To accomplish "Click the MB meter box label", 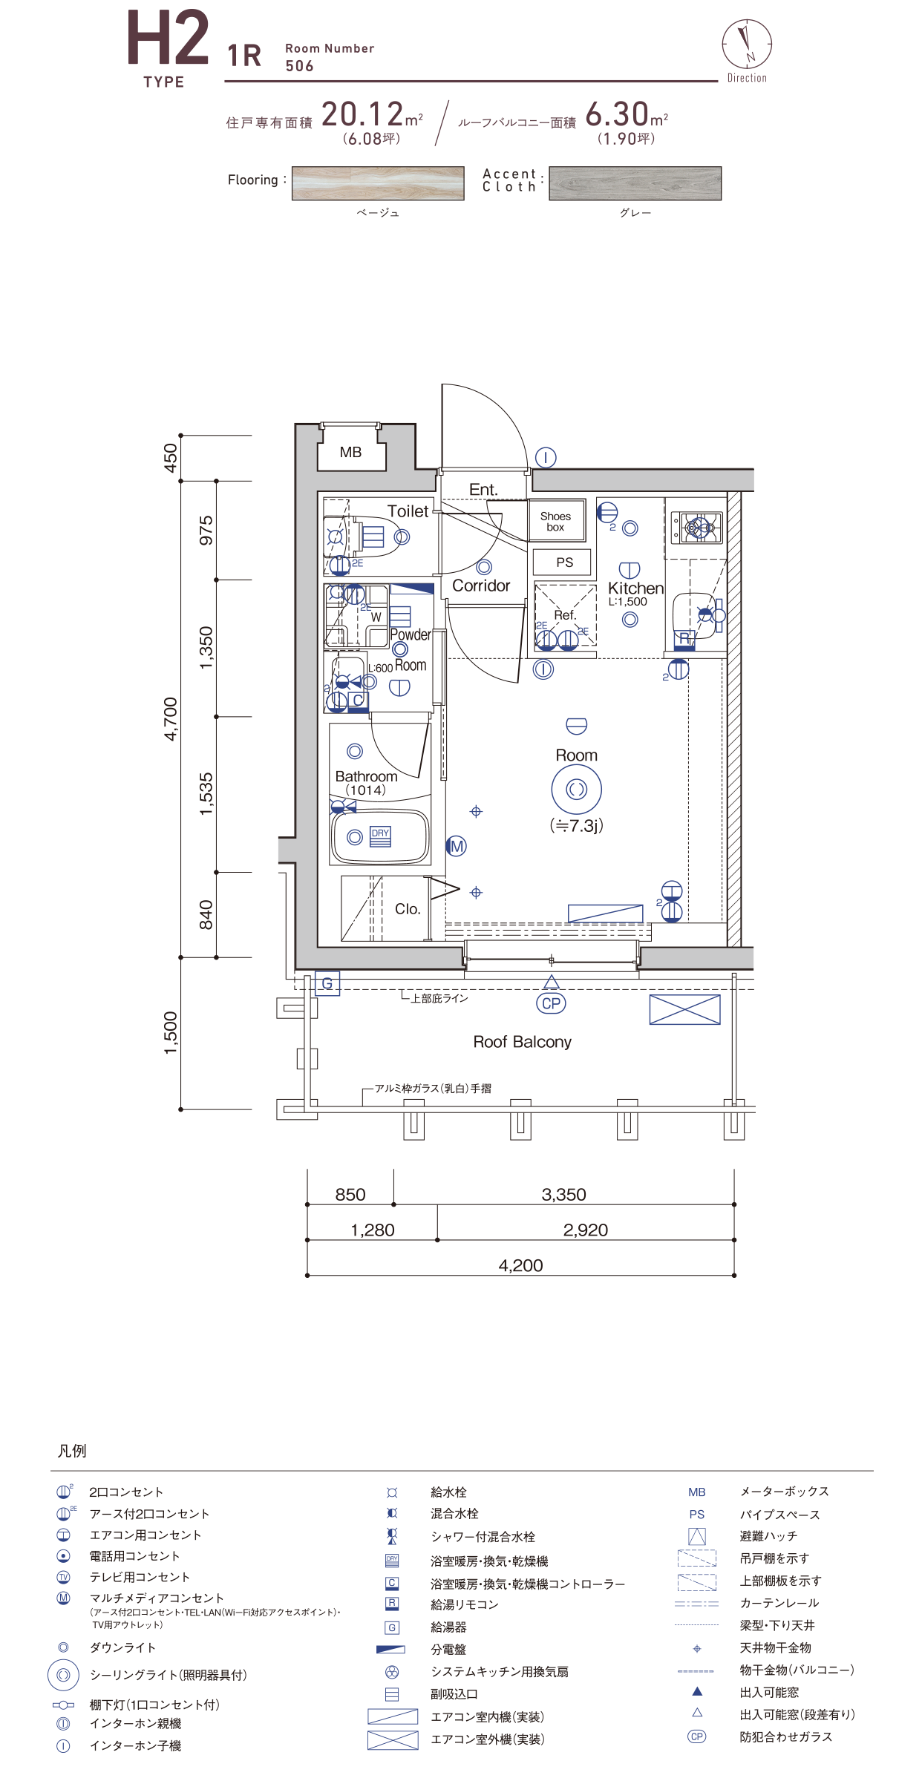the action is [350, 452].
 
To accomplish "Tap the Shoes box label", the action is [556, 522].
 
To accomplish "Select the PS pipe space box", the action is [564, 562].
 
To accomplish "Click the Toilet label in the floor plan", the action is [408, 511].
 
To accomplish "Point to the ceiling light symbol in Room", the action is [577, 789].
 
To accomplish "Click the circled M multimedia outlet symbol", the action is [457, 846].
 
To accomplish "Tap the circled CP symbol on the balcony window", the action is [551, 1003].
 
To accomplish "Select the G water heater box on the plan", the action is [327, 984].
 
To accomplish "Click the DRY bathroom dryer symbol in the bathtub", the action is [380, 836].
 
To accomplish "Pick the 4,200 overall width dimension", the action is [520, 1265].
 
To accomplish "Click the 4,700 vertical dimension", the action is [171, 719].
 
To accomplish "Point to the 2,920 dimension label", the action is [586, 1230].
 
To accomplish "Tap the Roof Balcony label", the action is [523, 1042].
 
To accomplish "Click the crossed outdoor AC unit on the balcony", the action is [684, 1010].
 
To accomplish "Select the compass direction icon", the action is [747, 45].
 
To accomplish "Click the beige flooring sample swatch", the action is [378, 183].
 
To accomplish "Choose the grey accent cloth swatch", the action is [635, 183].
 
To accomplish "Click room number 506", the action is [300, 66].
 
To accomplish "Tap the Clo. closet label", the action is [408, 909].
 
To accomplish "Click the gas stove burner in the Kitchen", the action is [698, 528].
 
